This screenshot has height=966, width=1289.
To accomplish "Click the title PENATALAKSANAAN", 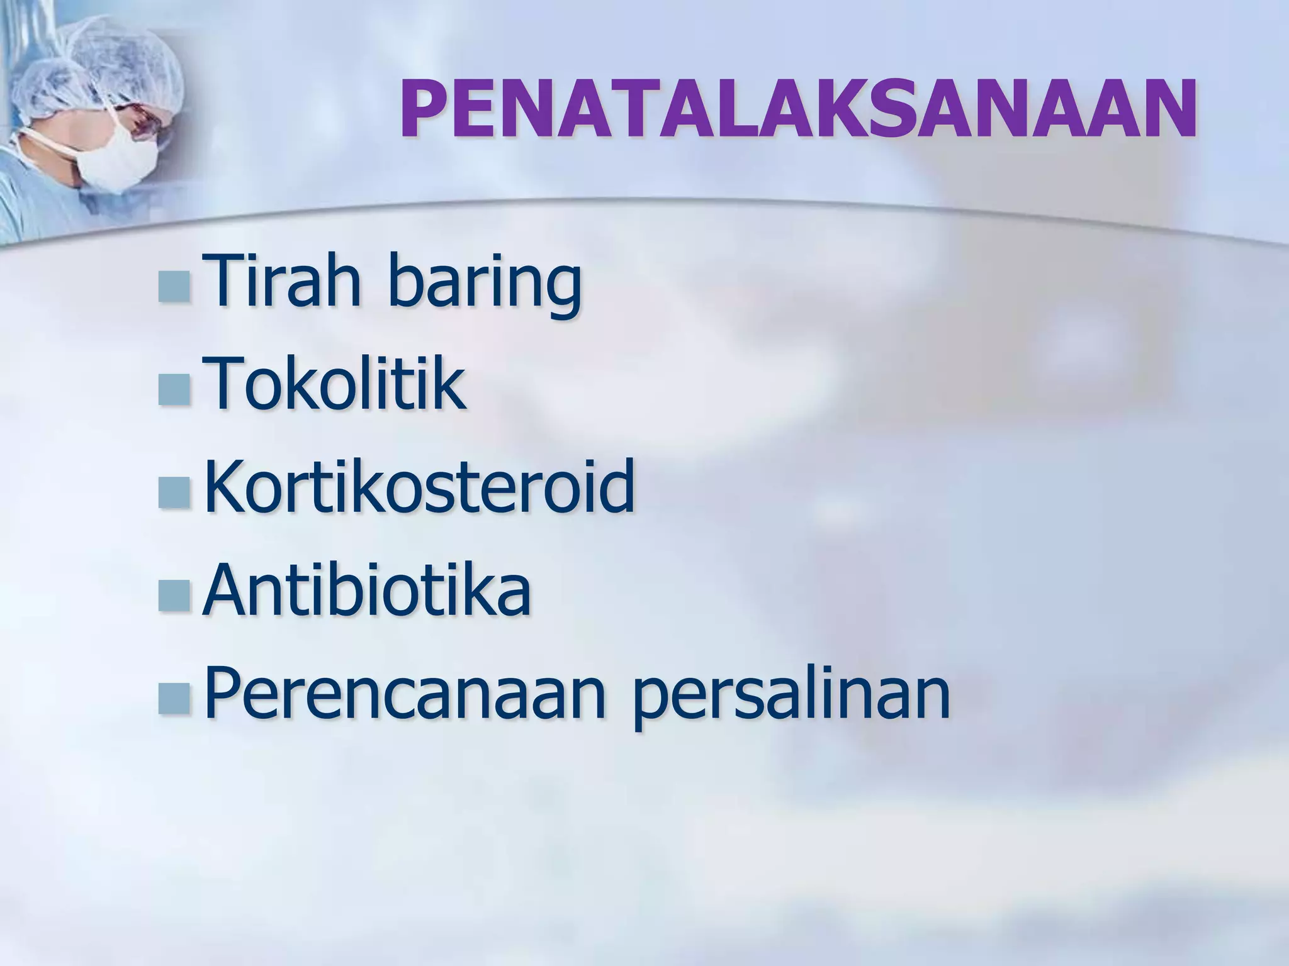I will point(798,110).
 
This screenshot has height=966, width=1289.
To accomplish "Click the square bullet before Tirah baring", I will point(174,287).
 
